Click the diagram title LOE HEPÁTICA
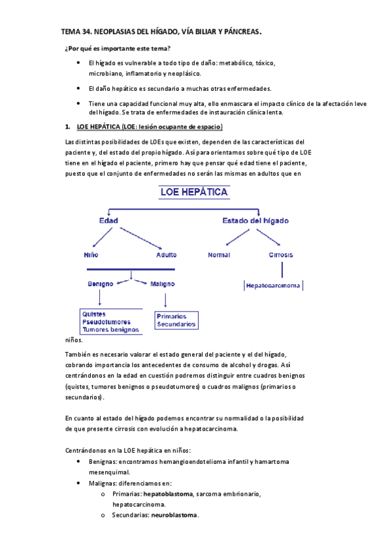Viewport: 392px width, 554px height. pyautogui.click(x=195, y=192)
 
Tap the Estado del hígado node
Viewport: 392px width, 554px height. pyautogui.click(x=255, y=221)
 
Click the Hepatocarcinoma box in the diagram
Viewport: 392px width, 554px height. pyautogui.click(x=274, y=285)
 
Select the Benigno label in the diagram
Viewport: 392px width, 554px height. pyautogui.click(x=101, y=284)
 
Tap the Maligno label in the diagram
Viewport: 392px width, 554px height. pyautogui.click(x=162, y=284)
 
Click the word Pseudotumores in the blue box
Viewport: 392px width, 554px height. pyautogui.click(x=106, y=322)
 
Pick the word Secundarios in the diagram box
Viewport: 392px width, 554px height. pyautogui.click(x=176, y=323)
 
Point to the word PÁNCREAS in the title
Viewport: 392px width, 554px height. pyautogui.click(x=238, y=31)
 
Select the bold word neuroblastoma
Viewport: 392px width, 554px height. pyautogui.click(x=174, y=515)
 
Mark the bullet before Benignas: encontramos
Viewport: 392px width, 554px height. pyautogui.click(x=79, y=462)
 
